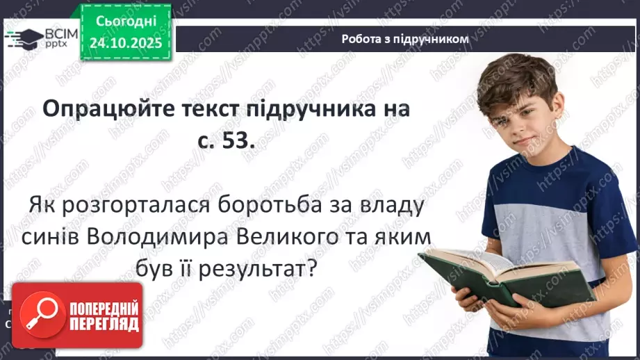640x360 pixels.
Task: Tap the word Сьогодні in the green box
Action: coord(129,22)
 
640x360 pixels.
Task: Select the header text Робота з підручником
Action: coord(405,39)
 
